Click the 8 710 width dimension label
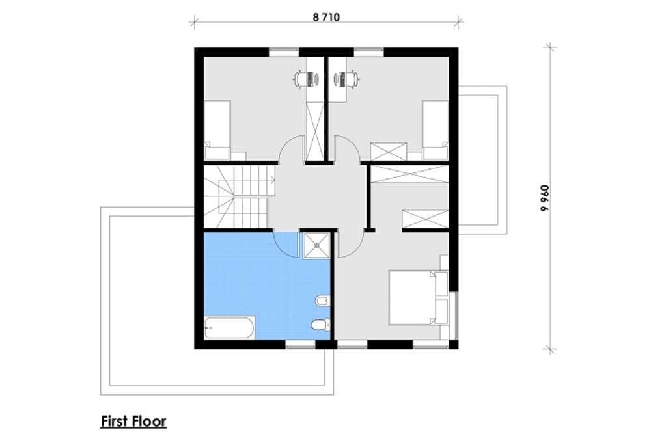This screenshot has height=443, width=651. click(326, 18)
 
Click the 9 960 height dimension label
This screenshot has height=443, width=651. click(545, 198)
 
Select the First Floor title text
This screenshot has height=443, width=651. click(133, 422)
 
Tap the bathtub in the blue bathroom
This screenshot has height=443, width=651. click(229, 328)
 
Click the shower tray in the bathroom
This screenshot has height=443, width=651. click(317, 245)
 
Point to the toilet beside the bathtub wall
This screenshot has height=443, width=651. click(320, 325)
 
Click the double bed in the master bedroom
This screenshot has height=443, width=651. click(419, 297)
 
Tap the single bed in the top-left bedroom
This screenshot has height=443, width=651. click(217, 130)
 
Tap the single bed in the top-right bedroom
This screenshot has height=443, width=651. click(436, 130)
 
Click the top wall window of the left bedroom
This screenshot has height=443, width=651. click(284, 52)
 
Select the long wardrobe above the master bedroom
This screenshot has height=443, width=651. click(409, 174)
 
